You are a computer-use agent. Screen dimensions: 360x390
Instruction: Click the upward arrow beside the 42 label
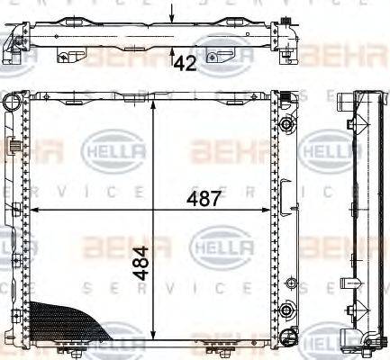point(172,56)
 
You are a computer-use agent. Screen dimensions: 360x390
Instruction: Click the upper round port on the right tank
point(287,123)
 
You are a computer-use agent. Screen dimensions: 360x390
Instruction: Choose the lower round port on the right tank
point(287,310)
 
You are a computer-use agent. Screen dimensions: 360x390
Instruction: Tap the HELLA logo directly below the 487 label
point(206,244)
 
